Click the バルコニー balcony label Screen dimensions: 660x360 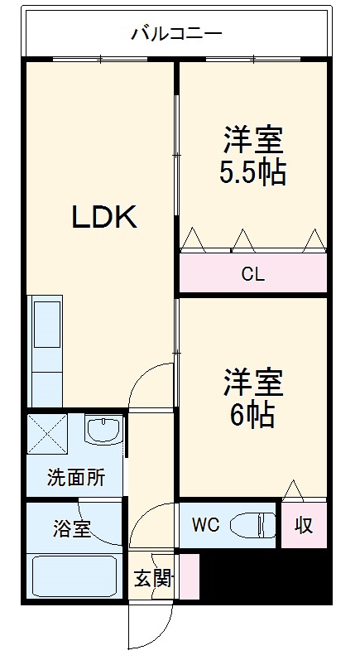click(175, 34)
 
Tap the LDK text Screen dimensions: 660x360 click(103, 217)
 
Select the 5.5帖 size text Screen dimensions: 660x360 click(252, 172)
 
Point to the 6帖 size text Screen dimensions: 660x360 click(252, 414)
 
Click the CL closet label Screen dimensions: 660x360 click(252, 274)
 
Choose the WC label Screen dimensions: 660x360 click(204, 524)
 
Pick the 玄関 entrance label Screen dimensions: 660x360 click(152, 577)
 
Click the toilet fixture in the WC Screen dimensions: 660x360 click(252, 525)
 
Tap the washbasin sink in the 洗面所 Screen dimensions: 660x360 click(103, 431)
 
